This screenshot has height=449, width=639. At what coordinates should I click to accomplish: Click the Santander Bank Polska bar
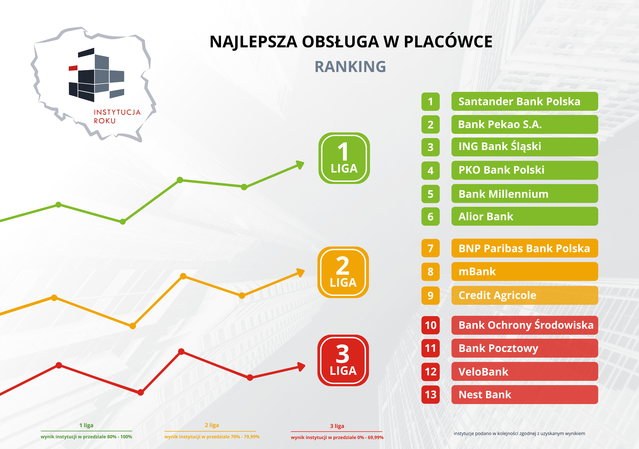click(525, 101)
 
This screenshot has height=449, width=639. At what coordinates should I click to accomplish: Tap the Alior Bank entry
click(525, 216)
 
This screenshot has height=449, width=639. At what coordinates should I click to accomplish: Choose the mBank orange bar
click(525, 272)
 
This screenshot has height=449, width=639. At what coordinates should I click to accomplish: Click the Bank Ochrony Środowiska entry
click(525, 325)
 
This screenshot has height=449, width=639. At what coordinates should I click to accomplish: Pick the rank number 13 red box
click(431, 395)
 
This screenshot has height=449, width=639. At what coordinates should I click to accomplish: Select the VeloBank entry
click(525, 372)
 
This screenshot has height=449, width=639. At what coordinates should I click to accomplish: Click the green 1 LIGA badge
click(344, 158)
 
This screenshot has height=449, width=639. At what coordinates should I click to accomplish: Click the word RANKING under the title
click(350, 67)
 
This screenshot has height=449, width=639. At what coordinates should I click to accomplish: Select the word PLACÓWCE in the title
click(448, 42)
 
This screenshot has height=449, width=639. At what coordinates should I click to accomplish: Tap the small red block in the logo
click(73, 68)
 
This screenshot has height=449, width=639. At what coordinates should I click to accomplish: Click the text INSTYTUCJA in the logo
click(117, 112)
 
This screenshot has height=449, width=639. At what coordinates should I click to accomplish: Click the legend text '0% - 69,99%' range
click(370, 437)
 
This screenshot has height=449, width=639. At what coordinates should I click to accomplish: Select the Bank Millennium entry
click(525, 194)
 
